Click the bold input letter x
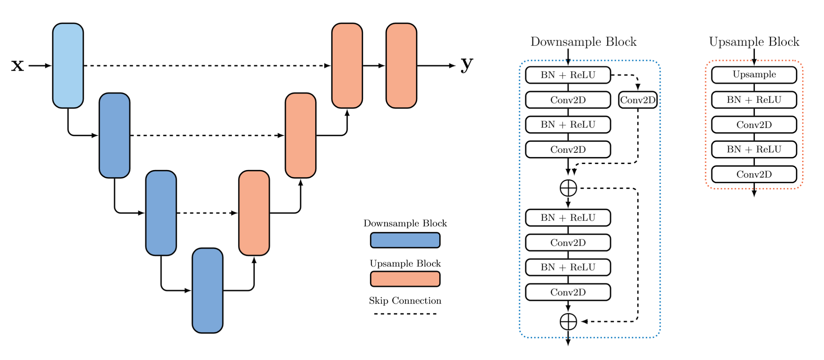17,65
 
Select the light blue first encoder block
68,65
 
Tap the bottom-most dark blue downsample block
208,290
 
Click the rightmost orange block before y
401,65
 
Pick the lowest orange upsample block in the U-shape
254,213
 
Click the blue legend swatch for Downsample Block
405,240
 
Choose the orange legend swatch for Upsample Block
405,279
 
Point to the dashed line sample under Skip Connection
405,314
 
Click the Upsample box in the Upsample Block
754,74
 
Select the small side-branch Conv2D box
638,100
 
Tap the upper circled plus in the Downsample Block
568,188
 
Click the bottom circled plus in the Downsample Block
568,322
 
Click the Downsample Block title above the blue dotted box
583,42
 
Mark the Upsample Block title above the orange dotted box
754,42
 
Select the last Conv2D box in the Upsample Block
754,174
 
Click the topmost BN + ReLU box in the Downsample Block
568,75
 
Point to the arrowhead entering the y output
452,65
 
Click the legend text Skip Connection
405,301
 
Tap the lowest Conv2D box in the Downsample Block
568,292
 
